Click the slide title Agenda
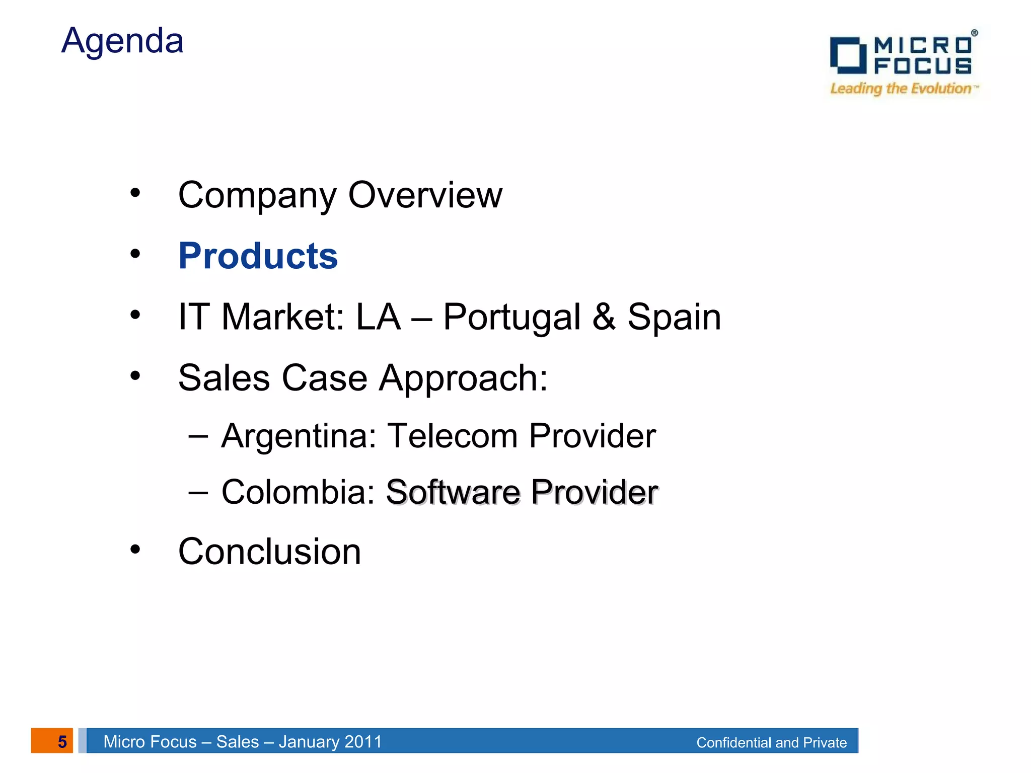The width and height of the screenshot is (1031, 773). tap(122, 41)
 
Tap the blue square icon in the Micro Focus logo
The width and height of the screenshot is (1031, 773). tap(848, 55)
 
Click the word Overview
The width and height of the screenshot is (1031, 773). tap(425, 195)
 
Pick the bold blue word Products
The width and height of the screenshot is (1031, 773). tap(258, 256)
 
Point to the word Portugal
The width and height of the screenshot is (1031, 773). tap(511, 318)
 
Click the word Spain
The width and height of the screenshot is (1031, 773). tap(674, 318)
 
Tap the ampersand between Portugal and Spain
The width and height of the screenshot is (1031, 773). tap(604, 317)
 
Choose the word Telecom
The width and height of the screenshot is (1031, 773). tap(452, 436)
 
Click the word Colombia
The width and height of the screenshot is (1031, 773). tap(299, 492)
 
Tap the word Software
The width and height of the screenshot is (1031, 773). tap(453, 492)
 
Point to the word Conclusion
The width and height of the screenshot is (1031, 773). tap(270, 552)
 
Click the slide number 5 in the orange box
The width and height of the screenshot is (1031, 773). tap(62, 741)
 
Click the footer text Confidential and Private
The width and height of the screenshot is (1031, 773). tap(771, 742)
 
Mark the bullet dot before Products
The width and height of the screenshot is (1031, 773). tap(135, 254)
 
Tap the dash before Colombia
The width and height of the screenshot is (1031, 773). tap(198, 492)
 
